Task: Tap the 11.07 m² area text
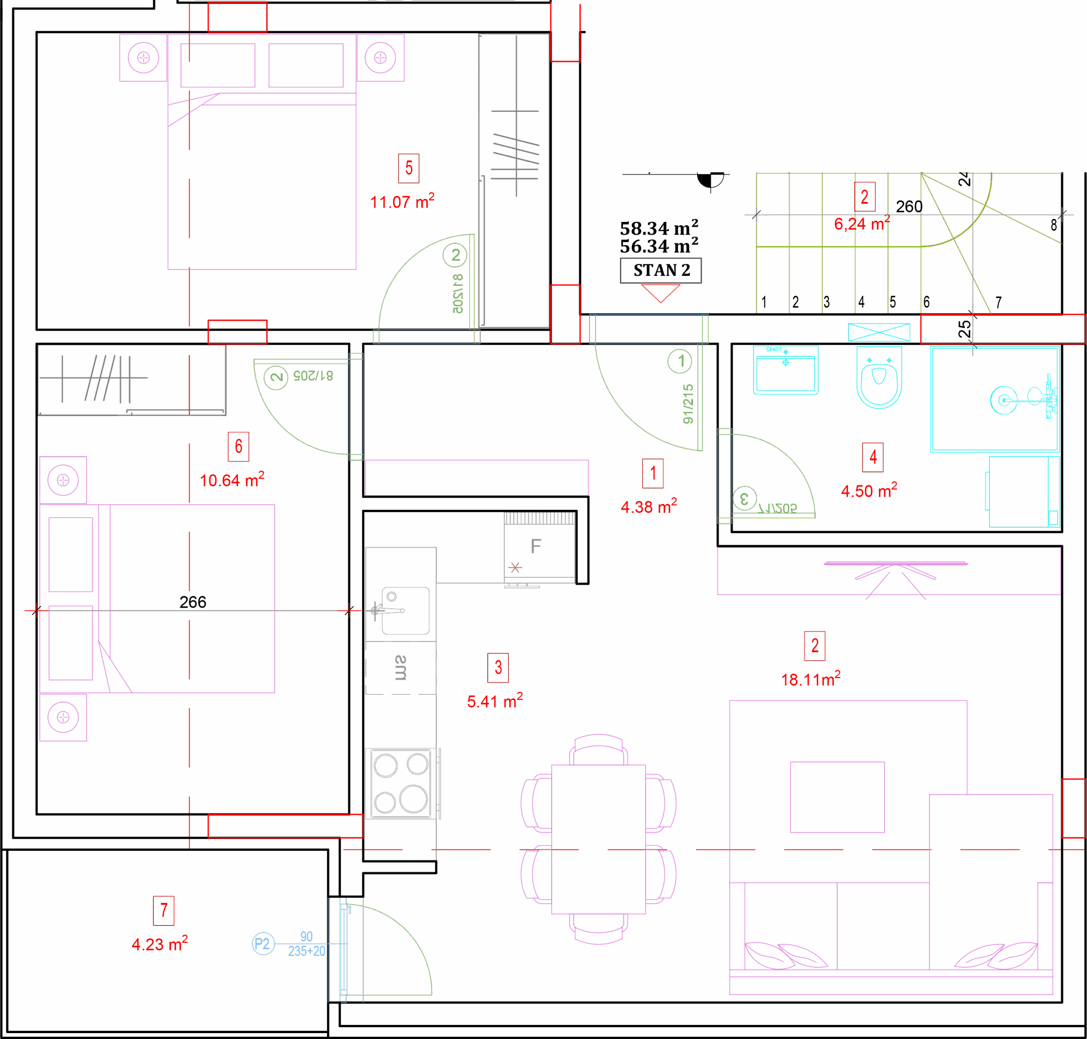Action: [402, 201]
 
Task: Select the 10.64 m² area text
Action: [231, 480]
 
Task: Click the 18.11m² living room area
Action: [810, 679]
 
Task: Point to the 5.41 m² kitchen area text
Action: [494, 701]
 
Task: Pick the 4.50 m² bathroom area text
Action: [868, 490]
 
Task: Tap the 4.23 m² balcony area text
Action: [159, 944]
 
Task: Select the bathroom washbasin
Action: [786, 370]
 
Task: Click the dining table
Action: [598, 839]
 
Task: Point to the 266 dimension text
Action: [193, 602]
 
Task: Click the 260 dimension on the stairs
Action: [909, 207]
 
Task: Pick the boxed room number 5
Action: [408, 168]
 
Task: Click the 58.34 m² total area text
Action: [659, 228]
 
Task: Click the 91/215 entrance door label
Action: [688, 404]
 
